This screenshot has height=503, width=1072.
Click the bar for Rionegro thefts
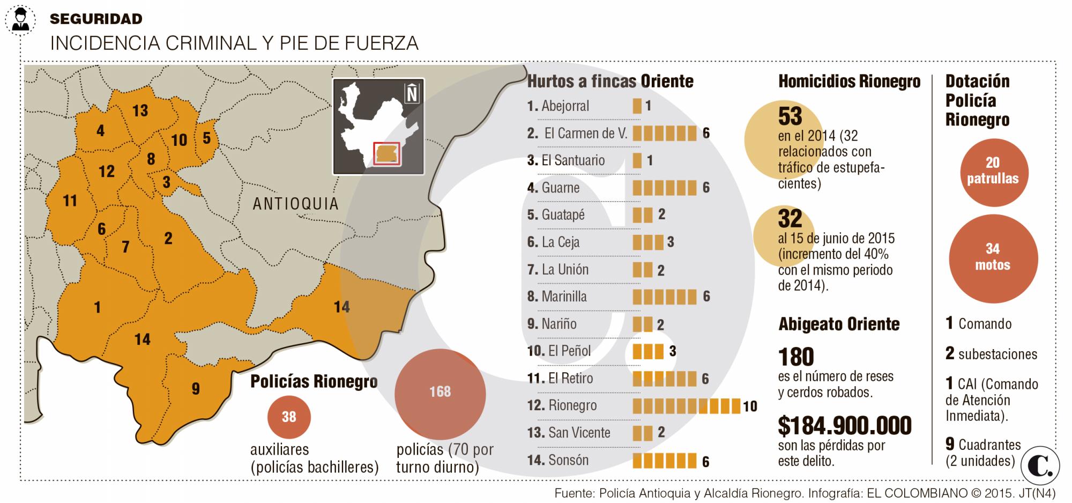(686, 406)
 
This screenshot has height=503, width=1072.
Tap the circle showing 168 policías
(440, 393)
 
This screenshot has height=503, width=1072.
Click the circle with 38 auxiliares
(289, 417)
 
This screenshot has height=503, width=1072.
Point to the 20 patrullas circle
(993, 171)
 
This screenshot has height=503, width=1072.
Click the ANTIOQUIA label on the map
(295, 204)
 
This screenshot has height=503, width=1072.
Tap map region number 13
(140, 111)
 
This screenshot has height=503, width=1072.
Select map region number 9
(196, 389)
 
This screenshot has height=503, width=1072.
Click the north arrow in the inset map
(412, 94)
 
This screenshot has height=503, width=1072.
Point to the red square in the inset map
(387, 153)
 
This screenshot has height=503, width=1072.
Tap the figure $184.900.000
(844, 425)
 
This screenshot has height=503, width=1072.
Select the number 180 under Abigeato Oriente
(796, 357)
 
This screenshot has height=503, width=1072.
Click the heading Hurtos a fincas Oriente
(610, 82)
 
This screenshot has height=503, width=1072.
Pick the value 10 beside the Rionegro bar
(750, 406)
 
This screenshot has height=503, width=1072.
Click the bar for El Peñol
(648, 351)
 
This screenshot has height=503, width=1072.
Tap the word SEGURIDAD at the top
(96, 19)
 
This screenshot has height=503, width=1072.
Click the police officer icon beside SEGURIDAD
(20, 20)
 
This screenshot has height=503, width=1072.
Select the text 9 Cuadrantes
(982, 444)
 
